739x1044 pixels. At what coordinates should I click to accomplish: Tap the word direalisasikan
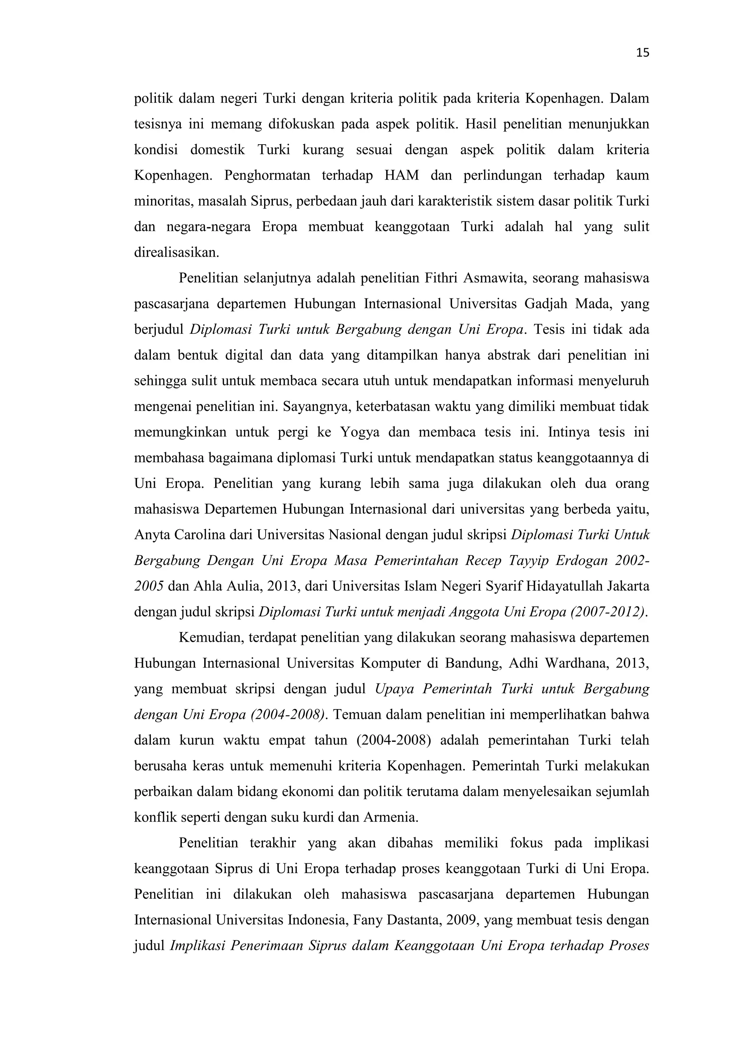[x=176, y=253]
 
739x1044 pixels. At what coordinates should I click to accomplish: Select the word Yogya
[x=359, y=432]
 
